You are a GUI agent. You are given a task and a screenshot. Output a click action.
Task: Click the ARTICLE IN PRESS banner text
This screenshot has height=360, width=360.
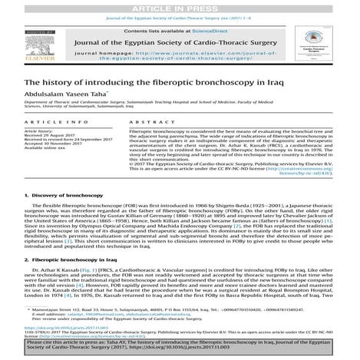pos(180,7)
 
